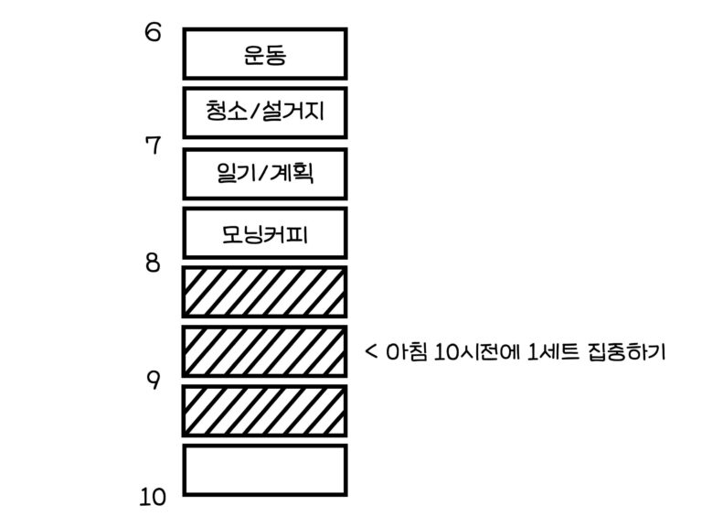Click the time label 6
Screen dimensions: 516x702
153,33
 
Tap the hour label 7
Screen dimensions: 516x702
153,145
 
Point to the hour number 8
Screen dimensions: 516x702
153,263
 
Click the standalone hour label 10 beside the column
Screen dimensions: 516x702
153,498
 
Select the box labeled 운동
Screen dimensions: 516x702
265,54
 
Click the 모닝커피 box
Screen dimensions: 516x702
265,232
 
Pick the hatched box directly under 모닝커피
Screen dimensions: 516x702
265,292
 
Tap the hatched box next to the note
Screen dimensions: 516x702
265,351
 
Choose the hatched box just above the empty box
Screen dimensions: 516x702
265,410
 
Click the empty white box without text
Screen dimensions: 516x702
265,469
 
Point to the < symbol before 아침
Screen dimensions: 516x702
372,351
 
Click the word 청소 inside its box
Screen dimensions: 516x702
226,113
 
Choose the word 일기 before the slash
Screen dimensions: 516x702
235,172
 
